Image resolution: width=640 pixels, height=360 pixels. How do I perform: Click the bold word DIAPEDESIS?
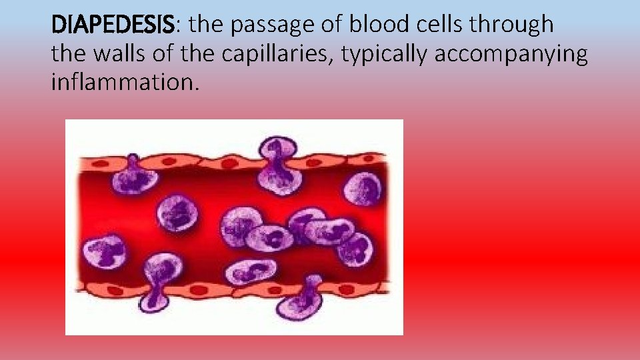tap(113, 25)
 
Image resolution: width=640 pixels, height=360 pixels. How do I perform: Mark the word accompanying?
tap(511, 54)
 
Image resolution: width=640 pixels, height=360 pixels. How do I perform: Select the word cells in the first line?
tap(445, 25)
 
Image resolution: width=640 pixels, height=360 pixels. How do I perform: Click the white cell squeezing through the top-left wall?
tap(135, 179)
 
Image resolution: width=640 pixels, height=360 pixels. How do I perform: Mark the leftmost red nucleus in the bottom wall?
tap(115, 290)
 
